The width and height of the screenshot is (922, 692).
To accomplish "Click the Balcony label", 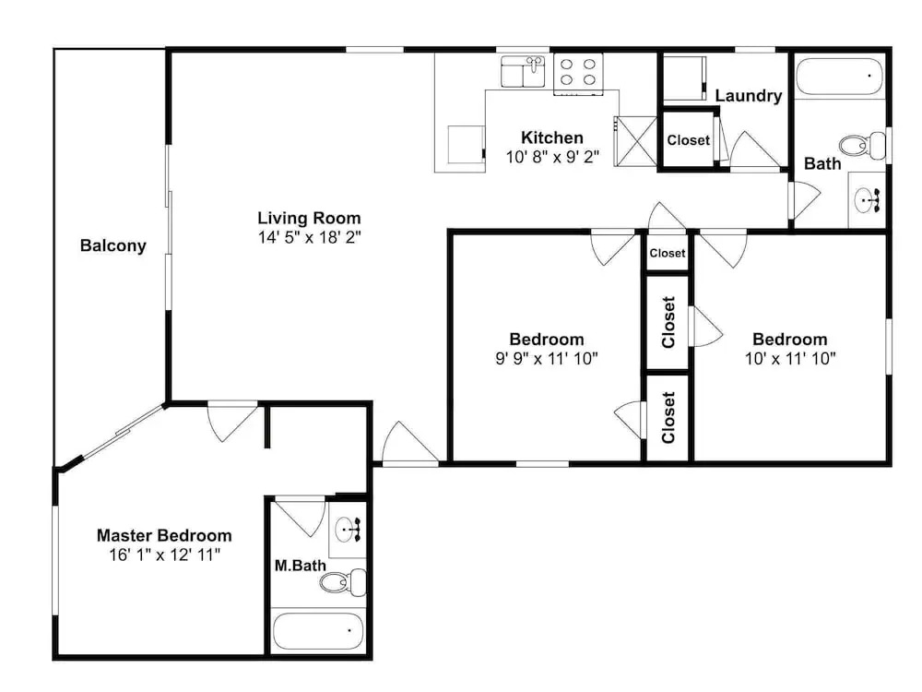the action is click(x=112, y=245).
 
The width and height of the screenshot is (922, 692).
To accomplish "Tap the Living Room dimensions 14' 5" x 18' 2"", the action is click(x=309, y=237).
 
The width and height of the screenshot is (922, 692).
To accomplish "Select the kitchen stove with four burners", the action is click(x=578, y=73).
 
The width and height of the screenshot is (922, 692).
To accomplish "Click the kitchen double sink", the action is click(x=524, y=71).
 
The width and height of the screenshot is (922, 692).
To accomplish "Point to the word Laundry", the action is click(x=748, y=96).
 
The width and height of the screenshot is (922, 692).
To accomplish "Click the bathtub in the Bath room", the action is click(x=840, y=77).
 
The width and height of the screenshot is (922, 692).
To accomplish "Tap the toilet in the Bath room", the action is click(x=863, y=146).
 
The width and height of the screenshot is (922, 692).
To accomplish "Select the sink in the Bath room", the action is click(x=867, y=199).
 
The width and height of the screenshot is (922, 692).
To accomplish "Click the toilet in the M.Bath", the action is click(x=343, y=582).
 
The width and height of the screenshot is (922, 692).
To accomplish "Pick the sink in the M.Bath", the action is click(x=349, y=530).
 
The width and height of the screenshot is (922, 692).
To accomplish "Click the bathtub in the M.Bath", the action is click(x=318, y=631).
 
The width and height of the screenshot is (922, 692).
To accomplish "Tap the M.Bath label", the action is click(x=301, y=566).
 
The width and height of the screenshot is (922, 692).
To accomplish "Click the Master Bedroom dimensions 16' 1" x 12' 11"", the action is click(x=165, y=555).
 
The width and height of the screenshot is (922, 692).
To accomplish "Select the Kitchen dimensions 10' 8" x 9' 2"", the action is click(x=552, y=157).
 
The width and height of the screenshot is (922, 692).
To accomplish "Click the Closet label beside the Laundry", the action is click(x=688, y=140).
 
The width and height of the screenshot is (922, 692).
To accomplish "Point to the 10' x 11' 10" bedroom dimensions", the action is click(x=790, y=358).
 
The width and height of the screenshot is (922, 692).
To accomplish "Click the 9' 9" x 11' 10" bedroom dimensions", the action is click(x=547, y=358).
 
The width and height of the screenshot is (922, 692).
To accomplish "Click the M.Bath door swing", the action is click(x=301, y=517).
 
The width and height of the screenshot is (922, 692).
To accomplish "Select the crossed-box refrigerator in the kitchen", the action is click(x=635, y=141).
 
